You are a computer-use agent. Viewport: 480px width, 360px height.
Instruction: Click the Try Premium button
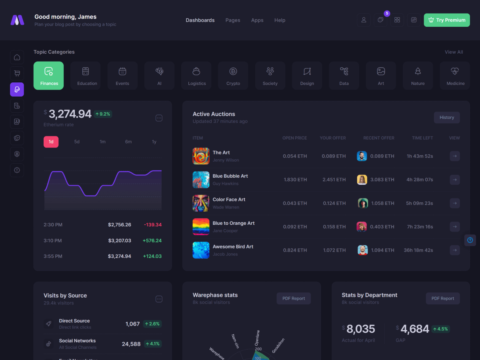click(x=447, y=20)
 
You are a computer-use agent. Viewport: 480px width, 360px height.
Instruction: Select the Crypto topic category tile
click(x=233, y=76)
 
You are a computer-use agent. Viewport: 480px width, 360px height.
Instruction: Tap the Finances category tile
click(x=48, y=76)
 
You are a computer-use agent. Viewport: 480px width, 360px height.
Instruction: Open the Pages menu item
click(x=233, y=20)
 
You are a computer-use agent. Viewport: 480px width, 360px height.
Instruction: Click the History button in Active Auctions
click(x=447, y=118)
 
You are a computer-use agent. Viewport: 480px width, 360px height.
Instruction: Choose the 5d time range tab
click(x=77, y=142)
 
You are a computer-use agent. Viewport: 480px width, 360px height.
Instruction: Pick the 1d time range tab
click(x=51, y=142)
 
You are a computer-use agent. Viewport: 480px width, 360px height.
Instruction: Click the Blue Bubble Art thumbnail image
click(x=201, y=180)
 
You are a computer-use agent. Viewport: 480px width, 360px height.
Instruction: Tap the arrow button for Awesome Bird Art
click(x=455, y=250)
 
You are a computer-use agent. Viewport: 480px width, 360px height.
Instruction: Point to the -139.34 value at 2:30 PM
click(x=153, y=225)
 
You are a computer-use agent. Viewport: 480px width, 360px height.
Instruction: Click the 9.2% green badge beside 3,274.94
click(x=102, y=114)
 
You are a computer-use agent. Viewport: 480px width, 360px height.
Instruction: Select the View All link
click(x=454, y=52)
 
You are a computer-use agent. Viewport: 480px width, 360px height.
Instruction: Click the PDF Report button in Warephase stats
click(x=294, y=298)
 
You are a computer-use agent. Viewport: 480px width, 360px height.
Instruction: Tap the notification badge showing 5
click(x=387, y=14)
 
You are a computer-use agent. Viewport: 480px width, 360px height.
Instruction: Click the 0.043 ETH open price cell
click(x=295, y=203)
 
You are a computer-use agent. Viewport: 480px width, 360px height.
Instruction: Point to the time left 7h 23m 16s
click(x=420, y=227)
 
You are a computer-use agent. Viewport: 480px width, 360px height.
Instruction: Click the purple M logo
click(x=17, y=20)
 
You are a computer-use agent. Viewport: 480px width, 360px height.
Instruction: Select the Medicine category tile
click(x=455, y=76)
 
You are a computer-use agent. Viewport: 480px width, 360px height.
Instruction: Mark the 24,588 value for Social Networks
click(x=131, y=344)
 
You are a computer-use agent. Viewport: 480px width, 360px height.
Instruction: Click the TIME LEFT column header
click(x=422, y=138)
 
